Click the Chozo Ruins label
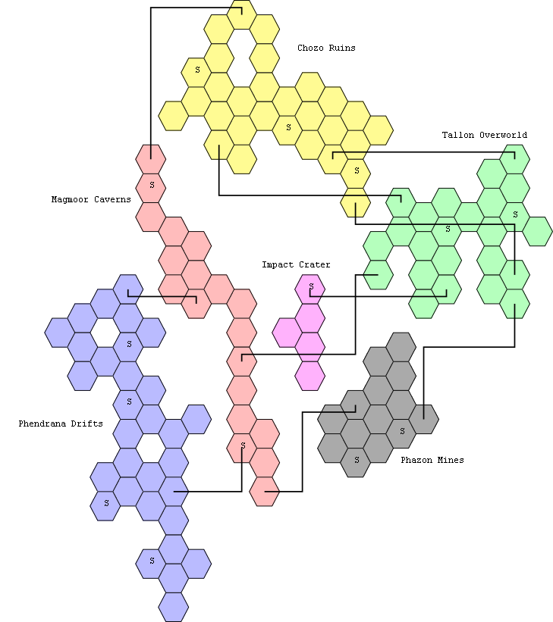coord(326,48)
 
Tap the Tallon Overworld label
coord(484,135)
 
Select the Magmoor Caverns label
coord(91,199)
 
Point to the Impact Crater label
coord(296,264)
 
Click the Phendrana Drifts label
coord(61,424)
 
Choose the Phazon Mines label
coord(432,460)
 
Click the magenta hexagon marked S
coord(309,289)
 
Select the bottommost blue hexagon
coord(173,608)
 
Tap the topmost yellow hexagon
coord(241,14)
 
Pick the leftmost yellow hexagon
coord(173,116)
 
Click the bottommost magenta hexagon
coord(309,376)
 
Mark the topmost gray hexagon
coord(401,347)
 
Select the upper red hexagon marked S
coord(150,188)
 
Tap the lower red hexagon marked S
coord(241,449)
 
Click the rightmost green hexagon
coord(537,231)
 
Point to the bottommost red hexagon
coord(264,492)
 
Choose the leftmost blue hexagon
coord(60,333)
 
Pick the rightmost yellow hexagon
coord(379,130)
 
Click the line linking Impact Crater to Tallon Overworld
coord(379,296)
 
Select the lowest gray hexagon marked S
coord(356,463)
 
